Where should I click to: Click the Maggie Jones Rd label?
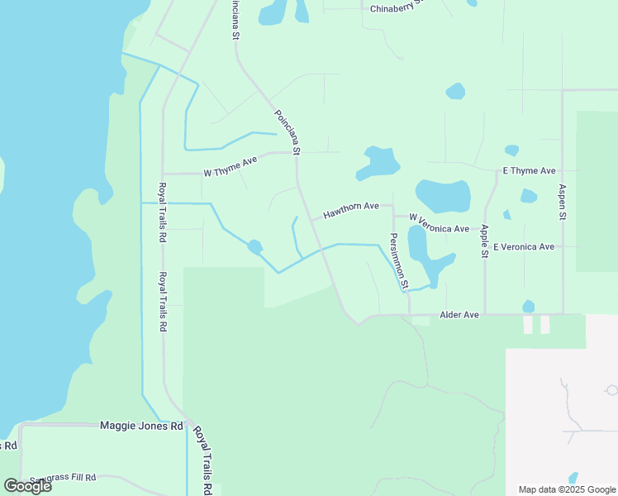[140, 426]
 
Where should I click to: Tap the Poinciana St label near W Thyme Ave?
[287, 132]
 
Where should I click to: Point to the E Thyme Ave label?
[529, 170]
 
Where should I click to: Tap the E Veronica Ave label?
[523, 246]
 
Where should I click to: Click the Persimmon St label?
[398, 260]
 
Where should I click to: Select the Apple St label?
[484, 241]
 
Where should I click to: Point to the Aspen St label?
[562, 201]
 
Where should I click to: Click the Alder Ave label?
[459, 315]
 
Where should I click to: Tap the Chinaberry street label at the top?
[397, 8]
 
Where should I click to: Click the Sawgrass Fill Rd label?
[63, 478]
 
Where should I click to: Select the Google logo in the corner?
[27, 486]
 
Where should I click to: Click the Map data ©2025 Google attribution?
[567, 489]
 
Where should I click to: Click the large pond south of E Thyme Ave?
[444, 195]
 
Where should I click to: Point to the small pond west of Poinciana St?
[254, 246]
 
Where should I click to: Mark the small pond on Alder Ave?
[528, 307]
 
